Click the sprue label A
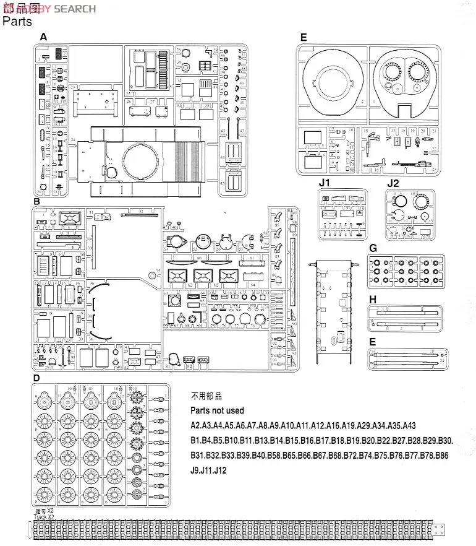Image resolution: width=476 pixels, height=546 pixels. pyautogui.click(x=43, y=37)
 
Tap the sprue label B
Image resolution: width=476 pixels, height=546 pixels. pyautogui.click(x=36, y=202)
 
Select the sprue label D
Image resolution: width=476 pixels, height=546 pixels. pyautogui.click(x=36, y=378)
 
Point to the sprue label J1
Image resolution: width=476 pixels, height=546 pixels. pyautogui.click(x=325, y=183)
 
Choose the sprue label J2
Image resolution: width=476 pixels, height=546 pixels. pyautogui.click(x=393, y=183)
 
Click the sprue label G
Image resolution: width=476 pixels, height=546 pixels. pyautogui.click(x=373, y=248)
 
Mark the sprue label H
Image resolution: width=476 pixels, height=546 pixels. pyautogui.click(x=373, y=300)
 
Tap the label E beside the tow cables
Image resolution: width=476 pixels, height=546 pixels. pyautogui.click(x=373, y=342)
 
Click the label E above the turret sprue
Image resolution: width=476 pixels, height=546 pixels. pyautogui.click(x=303, y=38)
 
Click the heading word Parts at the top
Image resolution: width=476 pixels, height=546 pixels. pyautogui.click(x=17, y=22)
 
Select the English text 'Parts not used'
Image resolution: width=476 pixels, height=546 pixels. pyautogui.click(x=217, y=410)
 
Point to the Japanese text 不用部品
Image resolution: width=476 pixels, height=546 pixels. pyautogui.click(x=206, y=396)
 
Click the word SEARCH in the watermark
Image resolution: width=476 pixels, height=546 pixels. pyautogui.click(x=75, y=9)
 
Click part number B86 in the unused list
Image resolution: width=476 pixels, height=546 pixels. pyautogui.click(x=440, y=456)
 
